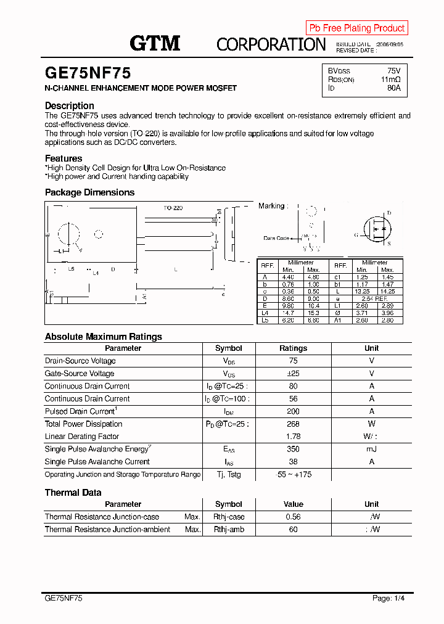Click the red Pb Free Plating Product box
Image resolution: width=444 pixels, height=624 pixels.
[356, 28]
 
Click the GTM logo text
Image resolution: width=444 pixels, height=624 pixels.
[155, 43]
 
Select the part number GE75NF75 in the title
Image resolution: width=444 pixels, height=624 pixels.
[88, 73]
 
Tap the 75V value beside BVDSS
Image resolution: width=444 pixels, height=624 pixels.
[393, 70]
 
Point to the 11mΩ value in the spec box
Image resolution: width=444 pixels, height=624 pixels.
[390, 80]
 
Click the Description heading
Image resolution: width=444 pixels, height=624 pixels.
[70, 105]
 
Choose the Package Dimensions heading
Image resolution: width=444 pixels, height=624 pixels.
[89, 192]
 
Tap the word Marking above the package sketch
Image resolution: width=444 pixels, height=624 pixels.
[271, 206]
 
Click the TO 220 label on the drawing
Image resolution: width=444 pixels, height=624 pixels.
[173, 208]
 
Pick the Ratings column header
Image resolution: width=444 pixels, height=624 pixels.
[293, 348]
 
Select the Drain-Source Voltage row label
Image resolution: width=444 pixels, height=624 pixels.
[80, 361]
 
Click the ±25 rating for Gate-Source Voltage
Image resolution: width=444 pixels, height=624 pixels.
[293, 374]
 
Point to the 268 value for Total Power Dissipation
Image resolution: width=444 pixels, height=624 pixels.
[293, 424]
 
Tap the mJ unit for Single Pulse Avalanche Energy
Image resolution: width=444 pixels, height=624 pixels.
[371, 449]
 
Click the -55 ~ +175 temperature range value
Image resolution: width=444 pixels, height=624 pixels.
[293, 474]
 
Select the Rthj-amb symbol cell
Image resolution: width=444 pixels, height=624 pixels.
[229, 530]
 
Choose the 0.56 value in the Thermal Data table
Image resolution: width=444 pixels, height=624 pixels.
[293, 517]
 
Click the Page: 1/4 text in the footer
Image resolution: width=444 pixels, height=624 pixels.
[388, 598]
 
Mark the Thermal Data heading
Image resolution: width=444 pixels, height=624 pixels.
[73, 493]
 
